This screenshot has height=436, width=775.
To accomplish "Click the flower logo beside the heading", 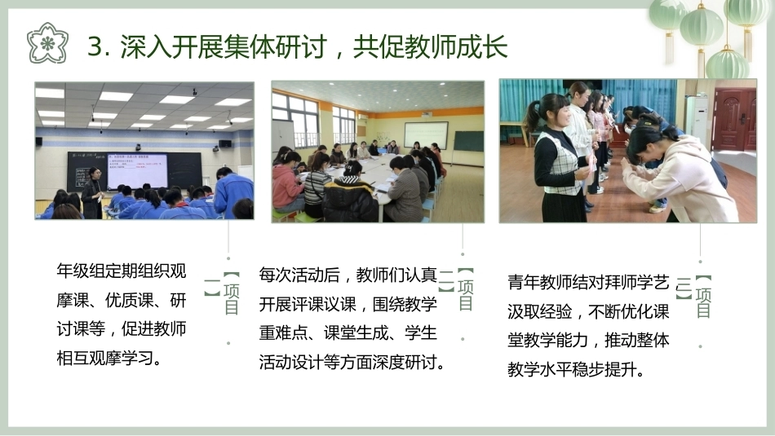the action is coord(47,43).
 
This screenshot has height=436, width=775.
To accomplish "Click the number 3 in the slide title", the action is coord(95,47).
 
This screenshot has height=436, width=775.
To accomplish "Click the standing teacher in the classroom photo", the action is coord(92,193).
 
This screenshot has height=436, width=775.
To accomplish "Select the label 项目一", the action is coord(223,293).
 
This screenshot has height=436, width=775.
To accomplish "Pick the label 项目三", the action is coord(693,297).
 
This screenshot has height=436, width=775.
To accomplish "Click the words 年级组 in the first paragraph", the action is coord(81,271).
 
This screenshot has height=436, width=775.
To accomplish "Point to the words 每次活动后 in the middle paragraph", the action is coord(299,275).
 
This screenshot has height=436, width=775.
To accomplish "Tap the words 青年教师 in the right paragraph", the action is coord(540,283).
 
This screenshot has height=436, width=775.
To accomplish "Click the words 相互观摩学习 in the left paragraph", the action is coord(105,358).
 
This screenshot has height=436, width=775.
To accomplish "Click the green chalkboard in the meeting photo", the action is coord(468,141).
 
